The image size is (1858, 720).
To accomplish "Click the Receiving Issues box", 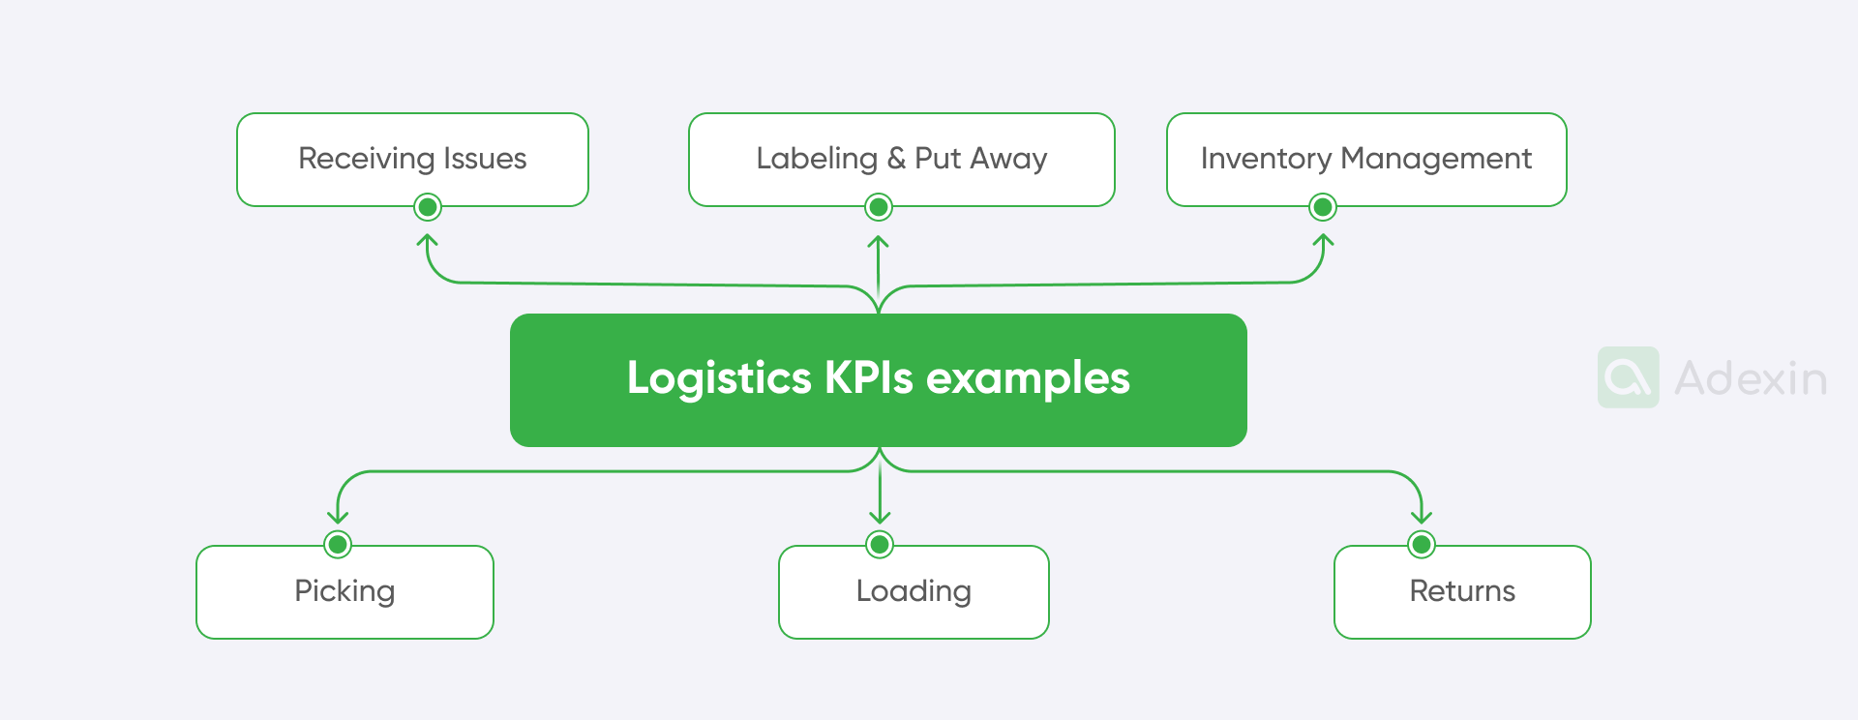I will (412, 159).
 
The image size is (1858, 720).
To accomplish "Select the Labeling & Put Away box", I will (901, 159).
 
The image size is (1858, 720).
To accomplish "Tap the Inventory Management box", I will (1365, 159).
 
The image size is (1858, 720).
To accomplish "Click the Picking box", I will (345, 591).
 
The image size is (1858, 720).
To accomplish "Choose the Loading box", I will (914, 591).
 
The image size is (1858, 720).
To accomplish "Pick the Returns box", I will (1461, 591).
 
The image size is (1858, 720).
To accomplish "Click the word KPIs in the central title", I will (868, 377).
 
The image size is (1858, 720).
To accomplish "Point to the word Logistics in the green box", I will (718, 378).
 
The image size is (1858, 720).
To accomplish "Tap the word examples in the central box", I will (1028, 378).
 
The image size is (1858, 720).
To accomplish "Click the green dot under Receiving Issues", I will (428, 207).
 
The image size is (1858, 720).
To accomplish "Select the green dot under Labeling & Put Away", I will (879, 207).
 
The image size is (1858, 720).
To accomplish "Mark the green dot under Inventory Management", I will (1323, 207).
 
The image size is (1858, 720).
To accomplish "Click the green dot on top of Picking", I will (338, 545).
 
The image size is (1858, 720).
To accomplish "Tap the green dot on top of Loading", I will (880, 545).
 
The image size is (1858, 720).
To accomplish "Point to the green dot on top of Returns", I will (1422, 545).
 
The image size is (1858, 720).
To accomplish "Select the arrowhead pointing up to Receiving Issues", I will (428, 239).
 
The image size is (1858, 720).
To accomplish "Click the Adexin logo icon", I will (1628, 377).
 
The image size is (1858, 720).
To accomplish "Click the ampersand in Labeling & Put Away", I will (896, 159).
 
